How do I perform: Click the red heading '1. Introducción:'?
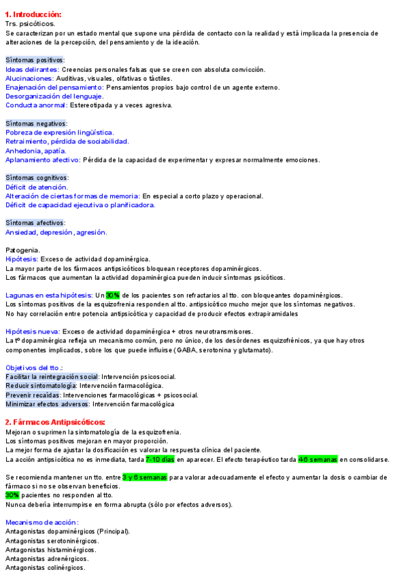coord(33,14)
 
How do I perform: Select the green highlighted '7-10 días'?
coord(160,459)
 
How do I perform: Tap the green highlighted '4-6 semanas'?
coord(318,459)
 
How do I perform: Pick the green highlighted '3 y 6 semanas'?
coord(144,478)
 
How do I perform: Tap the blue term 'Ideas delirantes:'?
coord(32,69)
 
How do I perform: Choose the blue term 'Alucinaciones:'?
coord(30,78)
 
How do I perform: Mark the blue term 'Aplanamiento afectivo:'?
coord(43,160)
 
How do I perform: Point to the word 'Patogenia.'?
coord(23,250)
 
